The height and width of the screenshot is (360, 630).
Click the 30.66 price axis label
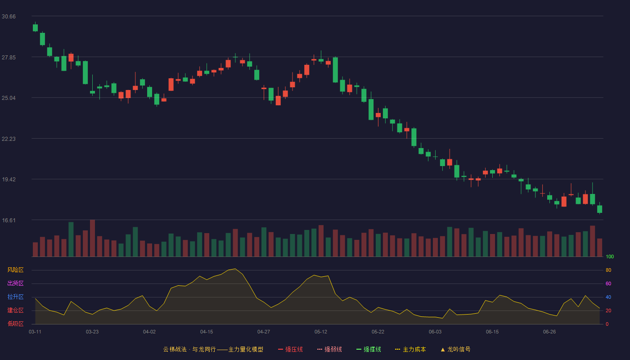pos(9,17)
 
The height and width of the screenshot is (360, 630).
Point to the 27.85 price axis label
pos(9,58)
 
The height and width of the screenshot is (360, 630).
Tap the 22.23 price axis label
pos(9,139)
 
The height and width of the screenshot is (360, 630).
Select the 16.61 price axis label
pos(9,220)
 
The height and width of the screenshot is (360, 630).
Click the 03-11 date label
pos(35,332)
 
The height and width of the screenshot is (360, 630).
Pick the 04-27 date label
pos(264,332)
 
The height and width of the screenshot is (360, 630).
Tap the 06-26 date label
pos(549,332)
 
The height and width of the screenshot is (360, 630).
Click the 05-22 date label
pos(378,332)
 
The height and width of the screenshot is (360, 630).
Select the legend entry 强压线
pos(290,349)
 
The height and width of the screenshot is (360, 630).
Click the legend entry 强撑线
pos(369,349)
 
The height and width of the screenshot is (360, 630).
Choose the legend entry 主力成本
pos(410,349)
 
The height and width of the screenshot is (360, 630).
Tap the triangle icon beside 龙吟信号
pos(443,350)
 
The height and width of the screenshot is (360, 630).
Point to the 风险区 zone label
pos(15,270)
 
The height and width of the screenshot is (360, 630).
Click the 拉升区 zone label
pos(15,297)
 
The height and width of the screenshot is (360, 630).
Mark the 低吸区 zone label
pos(15,324)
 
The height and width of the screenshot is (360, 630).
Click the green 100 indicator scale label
pos(610,256)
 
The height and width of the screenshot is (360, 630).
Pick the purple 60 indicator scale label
pos(608,283)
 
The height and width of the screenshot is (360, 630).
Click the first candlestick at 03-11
pos(35,27)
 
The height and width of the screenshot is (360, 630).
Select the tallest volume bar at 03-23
pos(92,238)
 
